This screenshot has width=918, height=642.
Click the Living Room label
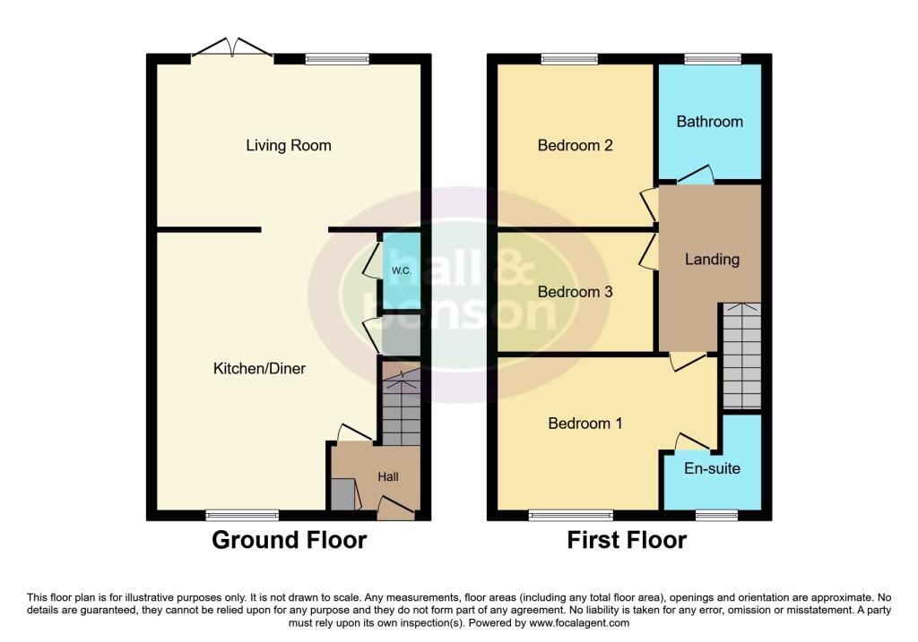click(288, 145)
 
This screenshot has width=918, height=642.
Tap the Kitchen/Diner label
click(259, 368)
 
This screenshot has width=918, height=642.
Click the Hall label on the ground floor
click(388, 477)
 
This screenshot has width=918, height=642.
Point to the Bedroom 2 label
click(575, 145)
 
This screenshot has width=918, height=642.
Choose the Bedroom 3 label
click(575, 292)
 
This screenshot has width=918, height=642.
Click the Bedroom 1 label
click(585, 424)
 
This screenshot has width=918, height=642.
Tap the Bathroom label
click(709, 121)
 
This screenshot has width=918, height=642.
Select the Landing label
click(712, 260)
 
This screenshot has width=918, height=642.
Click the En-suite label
click(712, 467)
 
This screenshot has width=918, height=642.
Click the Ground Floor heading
click(289, 541)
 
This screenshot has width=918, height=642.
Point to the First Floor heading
click(627, 541)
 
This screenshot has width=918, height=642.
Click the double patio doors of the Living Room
click(232, 52)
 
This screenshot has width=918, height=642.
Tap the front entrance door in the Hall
click(395, 509)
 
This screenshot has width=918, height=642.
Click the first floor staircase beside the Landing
click(741, 355)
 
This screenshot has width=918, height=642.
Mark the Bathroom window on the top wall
click(713, 59)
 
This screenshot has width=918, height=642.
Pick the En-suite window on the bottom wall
click(716, 515)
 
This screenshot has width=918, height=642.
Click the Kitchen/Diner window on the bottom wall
click(242, 515)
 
